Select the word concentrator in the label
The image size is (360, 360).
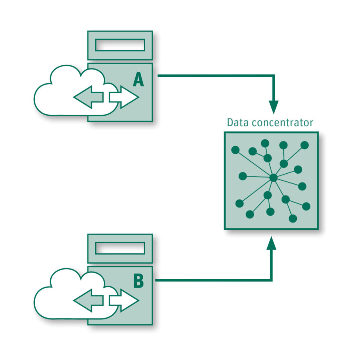[x=279, y=123]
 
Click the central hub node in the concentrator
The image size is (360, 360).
[x=273, y=178]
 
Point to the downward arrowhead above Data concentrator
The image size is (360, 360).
[x=274, y=106]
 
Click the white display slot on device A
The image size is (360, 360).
[x=120, y=45]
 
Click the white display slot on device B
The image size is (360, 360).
[x=120, y=248]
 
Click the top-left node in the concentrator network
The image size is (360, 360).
[x=235, y=150]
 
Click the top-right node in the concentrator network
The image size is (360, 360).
[x=304, y=145]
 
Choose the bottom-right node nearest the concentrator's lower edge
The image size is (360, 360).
[x=293, y=218]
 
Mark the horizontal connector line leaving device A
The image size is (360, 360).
[x=214, y=75]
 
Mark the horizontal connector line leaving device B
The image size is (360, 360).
[x=211, y=280]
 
